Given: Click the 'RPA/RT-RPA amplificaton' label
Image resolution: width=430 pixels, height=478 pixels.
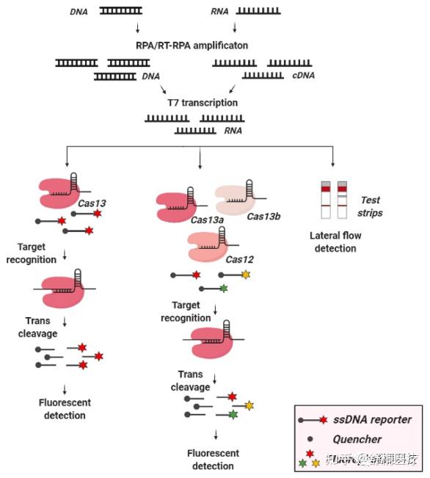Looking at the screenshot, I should click(192, 46).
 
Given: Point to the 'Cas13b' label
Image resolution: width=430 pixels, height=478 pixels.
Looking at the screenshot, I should click(263, 216).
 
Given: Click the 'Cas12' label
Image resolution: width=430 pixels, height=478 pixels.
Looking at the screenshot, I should click(239, 259).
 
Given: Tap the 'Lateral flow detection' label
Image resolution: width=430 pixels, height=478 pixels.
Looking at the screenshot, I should click(334, 242).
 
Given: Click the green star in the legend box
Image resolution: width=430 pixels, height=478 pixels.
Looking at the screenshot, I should click(302, 463).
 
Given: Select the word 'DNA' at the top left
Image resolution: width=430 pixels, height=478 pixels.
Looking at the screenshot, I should click(79, 12).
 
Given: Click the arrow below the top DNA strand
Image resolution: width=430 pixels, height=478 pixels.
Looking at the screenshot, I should click(137, 29).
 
